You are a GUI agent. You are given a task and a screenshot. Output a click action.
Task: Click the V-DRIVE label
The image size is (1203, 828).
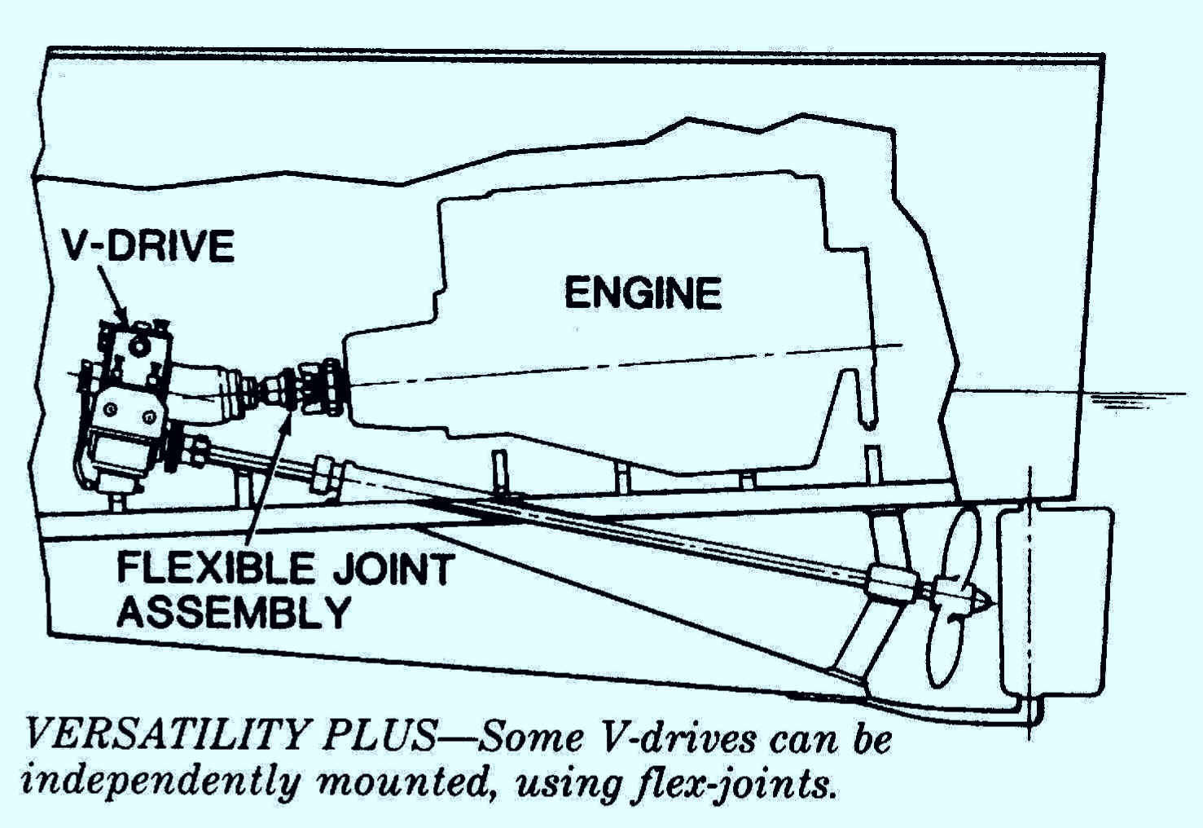point(150,246)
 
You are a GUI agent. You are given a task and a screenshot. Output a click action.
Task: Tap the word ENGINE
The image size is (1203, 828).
point(643,293)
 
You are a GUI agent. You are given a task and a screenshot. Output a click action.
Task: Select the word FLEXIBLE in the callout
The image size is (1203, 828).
point(215,568)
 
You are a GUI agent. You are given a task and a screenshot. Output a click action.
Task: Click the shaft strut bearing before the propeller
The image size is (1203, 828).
point(890,581)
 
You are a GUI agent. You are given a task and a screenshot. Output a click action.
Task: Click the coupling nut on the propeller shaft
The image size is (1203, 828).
point(328,476)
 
